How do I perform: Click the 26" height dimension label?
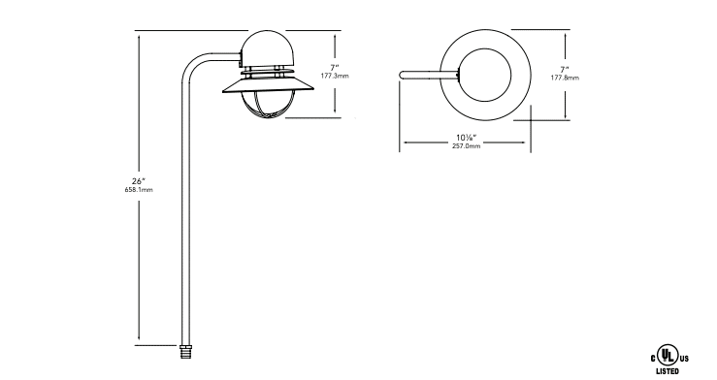pos(139,181)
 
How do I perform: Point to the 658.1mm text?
pos(139,190)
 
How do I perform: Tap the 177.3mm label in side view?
pos(335,76)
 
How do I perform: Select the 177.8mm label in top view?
pos(565,79)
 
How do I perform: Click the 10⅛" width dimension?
pos(466,138)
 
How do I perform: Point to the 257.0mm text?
pos(466,146)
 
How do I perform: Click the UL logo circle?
pos(668,355)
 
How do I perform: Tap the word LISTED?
pos(668,371)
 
